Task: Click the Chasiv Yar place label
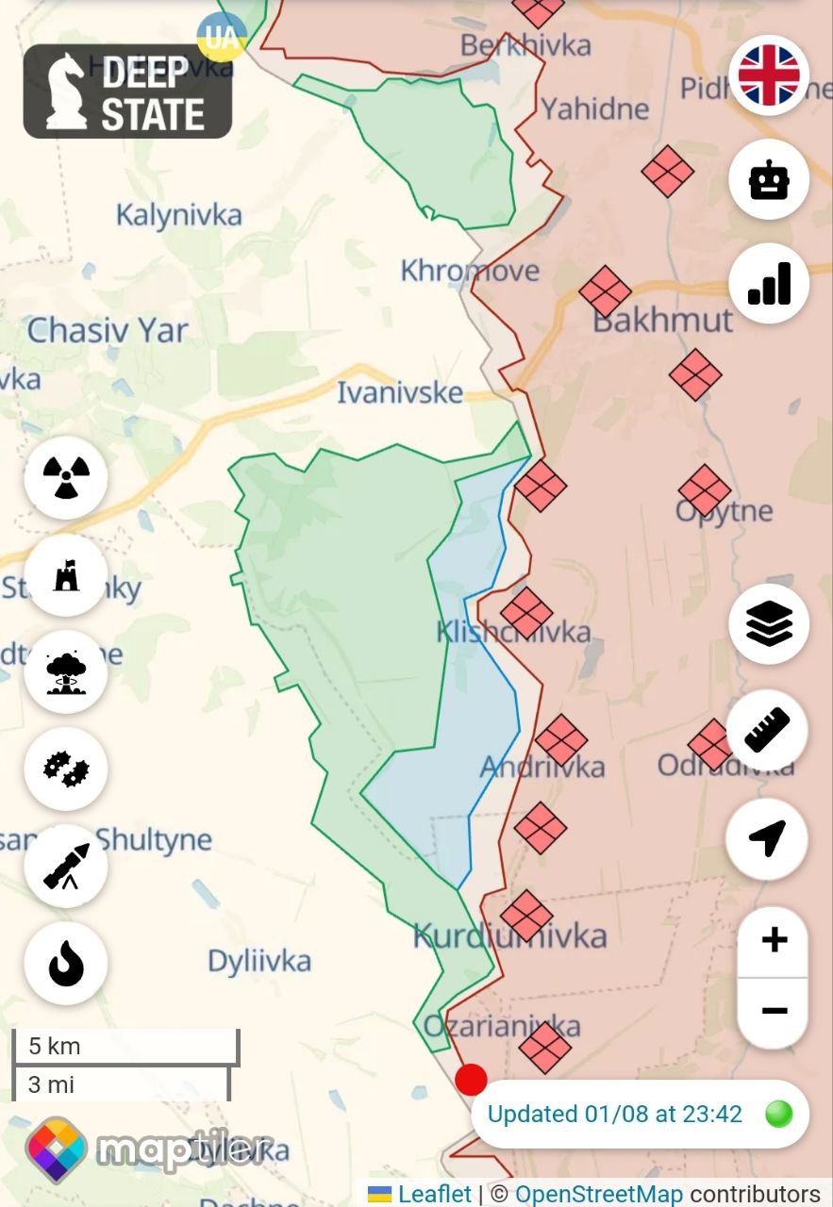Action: click(x=108, y=330)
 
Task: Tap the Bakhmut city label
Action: click(x=662, y=320)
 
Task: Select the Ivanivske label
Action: click(x=400, y=392)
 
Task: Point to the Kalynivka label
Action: click(x=178, y=215)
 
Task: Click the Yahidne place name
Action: click(x=595, y=108)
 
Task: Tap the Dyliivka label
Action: click(x=258, y=961)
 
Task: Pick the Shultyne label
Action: click(x=154, y=839)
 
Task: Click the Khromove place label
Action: click(x=470, y=271)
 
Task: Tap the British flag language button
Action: click(x=769, y=74)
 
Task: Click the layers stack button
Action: click(x=769, y=623)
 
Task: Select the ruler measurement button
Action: click(x=767, y=730)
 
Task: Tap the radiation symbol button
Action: click(x=66, y=477)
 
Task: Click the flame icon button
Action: click(x=66, y=964)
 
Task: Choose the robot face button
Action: click(x=769, y=179)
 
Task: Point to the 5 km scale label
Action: click(x=55, y=1046)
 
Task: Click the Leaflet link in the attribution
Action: click(x=434, y=1194)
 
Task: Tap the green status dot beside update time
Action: click(x=778, y=1114)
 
